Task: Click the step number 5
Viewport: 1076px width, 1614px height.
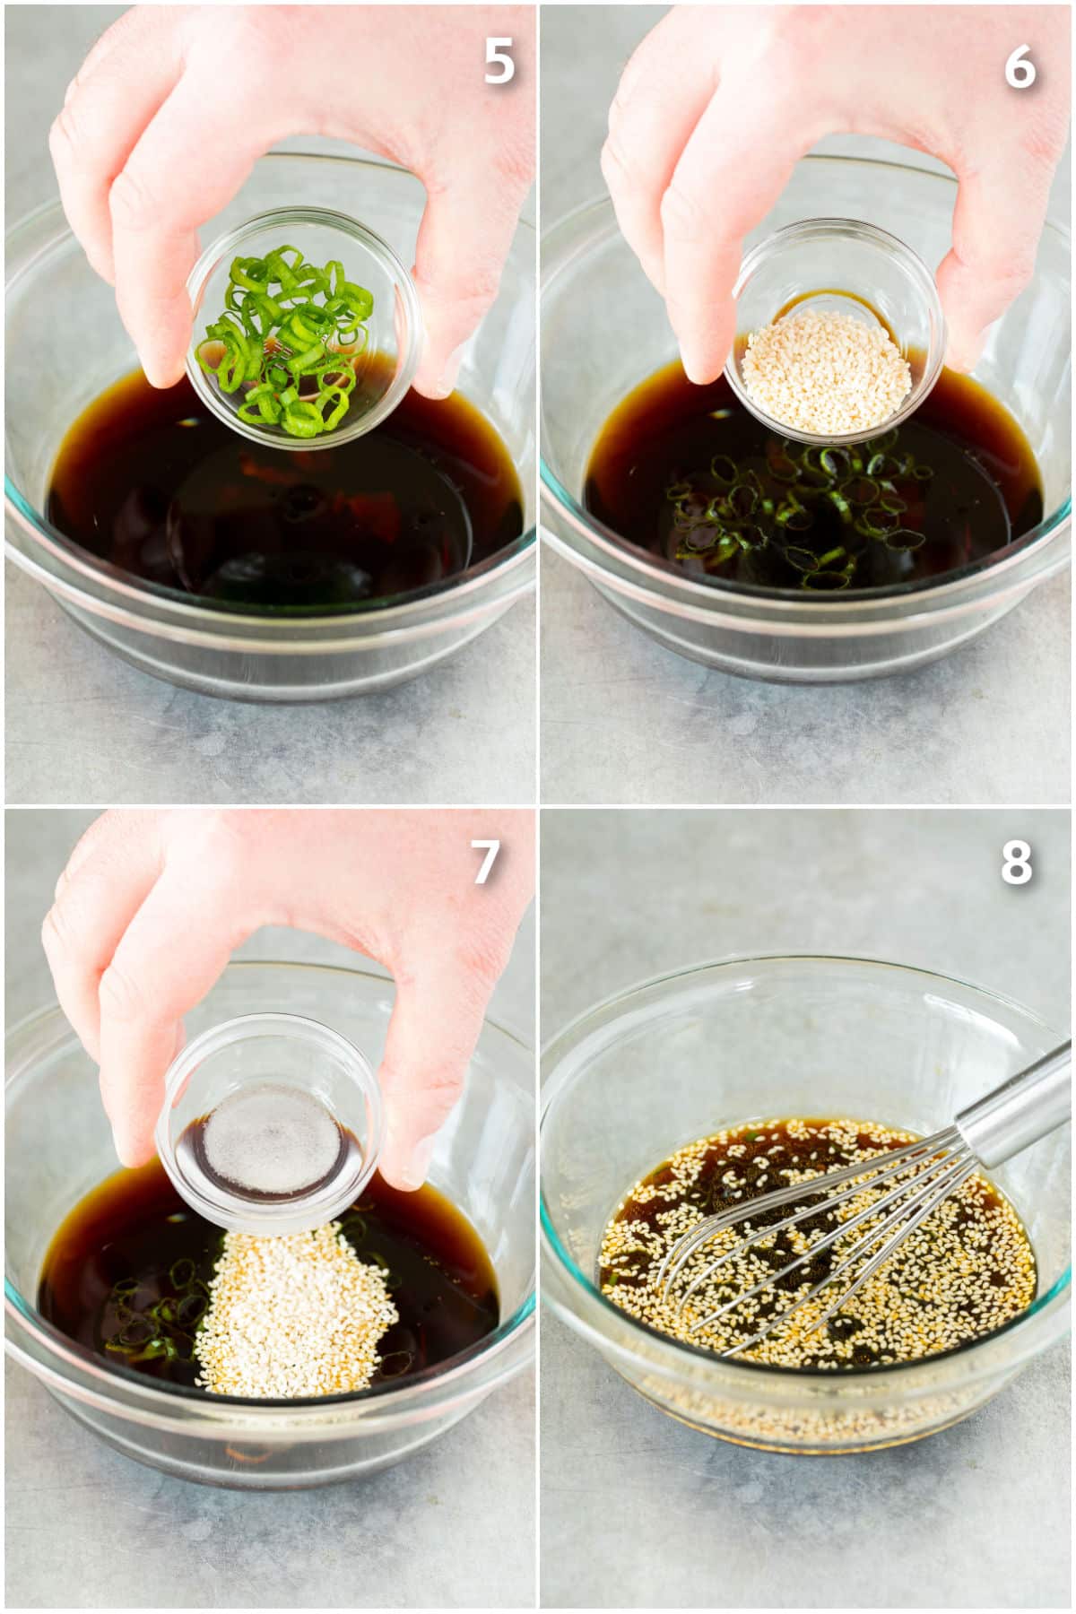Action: point(499,61)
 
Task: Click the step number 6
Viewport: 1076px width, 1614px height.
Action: point(1020,65)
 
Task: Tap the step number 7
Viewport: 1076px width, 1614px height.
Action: point(485,863)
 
